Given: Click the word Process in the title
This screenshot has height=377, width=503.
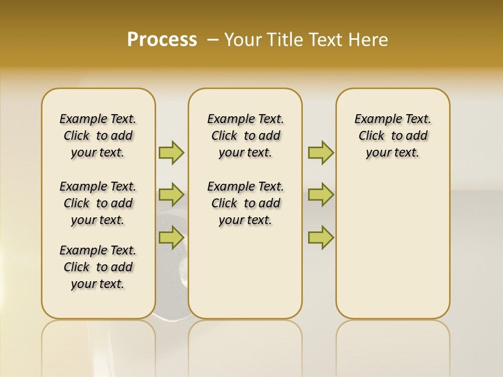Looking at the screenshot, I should (x=162, y=40).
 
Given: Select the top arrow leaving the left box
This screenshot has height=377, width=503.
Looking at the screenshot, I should (x=171, y=152).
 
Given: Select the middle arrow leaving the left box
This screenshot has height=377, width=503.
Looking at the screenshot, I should (x=171, y=195).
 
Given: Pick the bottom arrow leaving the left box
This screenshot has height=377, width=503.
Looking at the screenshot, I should (x=171, y=237).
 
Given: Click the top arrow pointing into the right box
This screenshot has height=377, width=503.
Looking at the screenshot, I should (x=321, y=152).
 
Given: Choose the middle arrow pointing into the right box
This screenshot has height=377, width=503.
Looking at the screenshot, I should (x=321, y=195).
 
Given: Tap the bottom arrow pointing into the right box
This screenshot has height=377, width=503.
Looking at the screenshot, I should (x=321, y=237).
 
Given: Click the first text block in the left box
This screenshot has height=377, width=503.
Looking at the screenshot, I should (x=98, y=136).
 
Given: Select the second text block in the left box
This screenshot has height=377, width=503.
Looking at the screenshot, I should (x=98, y=203).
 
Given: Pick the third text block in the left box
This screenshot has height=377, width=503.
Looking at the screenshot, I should (x=98, y=267).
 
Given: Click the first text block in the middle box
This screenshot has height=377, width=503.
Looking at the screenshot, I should (x=246, y=136).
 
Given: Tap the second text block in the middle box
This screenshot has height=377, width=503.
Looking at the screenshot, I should (x=246, y=203).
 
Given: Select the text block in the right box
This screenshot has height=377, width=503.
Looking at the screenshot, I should (x=393, y=136).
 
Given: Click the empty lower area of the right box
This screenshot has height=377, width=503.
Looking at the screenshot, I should (x=393, y=251).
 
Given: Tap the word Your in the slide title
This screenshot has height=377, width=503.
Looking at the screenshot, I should (x=243, y=40).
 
